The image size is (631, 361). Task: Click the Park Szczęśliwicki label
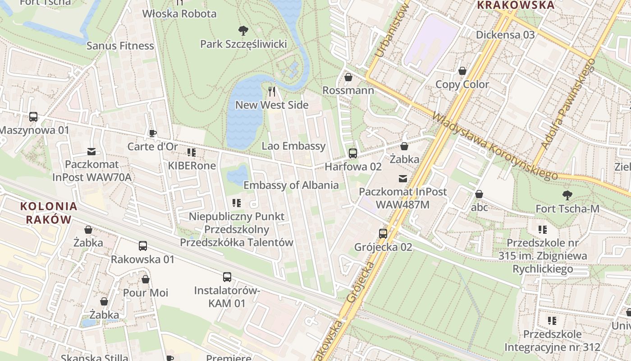coord(243,44)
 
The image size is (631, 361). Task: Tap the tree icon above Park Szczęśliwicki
coord(243,31)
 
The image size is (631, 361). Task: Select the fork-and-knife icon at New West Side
coord(272,92)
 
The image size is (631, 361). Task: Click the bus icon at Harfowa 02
coord(352,153)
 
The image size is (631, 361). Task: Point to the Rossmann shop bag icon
coord(348,77)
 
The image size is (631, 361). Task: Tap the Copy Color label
coord(462,84)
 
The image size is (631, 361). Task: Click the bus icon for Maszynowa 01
coord(33,116)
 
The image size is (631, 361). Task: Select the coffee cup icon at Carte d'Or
coord(152,133)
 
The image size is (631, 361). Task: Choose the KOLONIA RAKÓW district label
coord(49,213)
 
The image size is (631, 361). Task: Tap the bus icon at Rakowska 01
coord(143,246)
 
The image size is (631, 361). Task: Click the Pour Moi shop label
coord(146,292)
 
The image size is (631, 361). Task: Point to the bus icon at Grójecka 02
coord(383,233)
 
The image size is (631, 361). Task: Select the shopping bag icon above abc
coord(479,194)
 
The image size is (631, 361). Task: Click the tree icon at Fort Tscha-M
coord(567,195)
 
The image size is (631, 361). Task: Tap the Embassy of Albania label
coord(291,185)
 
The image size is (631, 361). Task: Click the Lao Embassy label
coord(293,146)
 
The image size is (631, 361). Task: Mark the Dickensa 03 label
coord(505,35)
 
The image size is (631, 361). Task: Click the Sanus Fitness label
coord(120,46)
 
